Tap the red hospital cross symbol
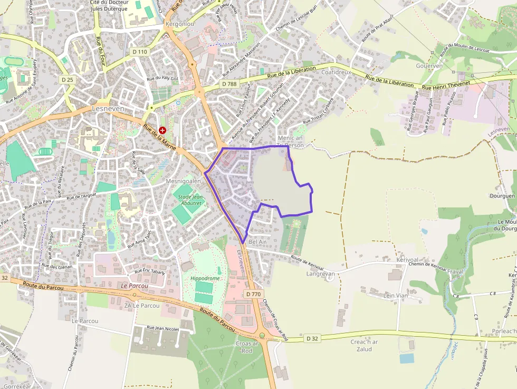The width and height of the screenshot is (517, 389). [x=162, y=130]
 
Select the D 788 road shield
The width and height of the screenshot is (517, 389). [x=229, y=84]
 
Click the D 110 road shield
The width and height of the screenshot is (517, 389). [x=140, y=52]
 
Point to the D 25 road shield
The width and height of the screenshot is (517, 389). [x=68, y=79]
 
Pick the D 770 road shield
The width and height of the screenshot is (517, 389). [x=253, y=293]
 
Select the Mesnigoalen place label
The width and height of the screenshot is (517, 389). [x=184, y=181]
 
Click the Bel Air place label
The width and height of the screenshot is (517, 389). [x=257, y=242]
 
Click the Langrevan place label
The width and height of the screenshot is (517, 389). [x=320, y=273]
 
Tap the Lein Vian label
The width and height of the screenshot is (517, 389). [x=396, y=296]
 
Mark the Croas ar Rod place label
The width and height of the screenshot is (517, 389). [x=247, y=347]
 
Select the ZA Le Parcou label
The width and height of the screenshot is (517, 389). [x=141, y=306]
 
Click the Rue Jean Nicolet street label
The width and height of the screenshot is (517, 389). [x=162, y=328]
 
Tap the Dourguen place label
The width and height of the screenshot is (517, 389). [x=502, y=196]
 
